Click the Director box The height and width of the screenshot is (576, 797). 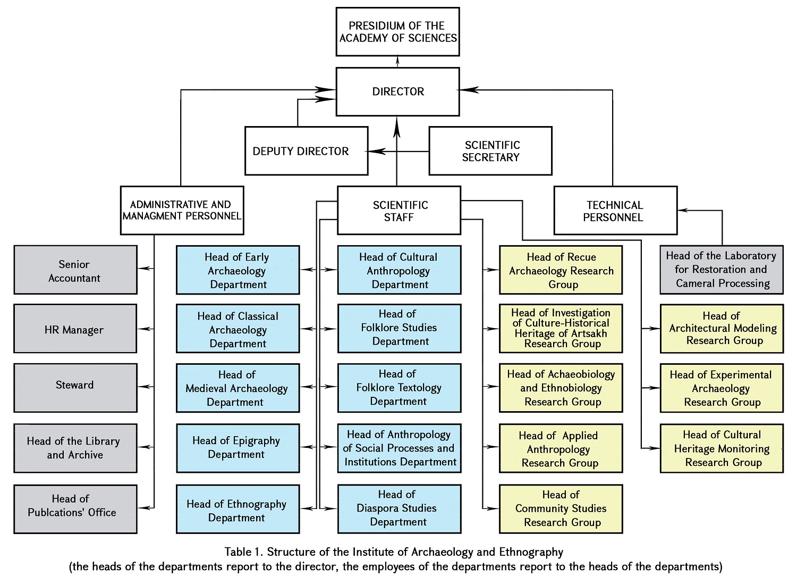tap(397, 91)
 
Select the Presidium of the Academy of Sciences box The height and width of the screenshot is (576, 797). tap(397, 32)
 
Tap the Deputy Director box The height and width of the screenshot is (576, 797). tap(306, 151)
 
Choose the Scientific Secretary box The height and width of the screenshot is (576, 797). tap(490, 151)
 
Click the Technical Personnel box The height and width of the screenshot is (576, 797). tap(615, 211)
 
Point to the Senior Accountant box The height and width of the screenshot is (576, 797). tap(75, 270)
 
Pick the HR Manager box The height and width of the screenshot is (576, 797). tap(75, 329)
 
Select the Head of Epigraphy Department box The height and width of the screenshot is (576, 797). tap(238, 448)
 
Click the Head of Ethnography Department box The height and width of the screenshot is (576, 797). tap(238, 509)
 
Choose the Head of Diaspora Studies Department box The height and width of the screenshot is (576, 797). tap(399, 509)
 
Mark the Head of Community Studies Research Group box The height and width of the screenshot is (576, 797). tap(561, 509)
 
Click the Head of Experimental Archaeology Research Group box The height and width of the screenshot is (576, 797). tap(722, 388)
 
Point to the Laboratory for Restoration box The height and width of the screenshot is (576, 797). tap(722, 270)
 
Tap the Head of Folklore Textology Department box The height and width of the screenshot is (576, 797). tap(399, 388)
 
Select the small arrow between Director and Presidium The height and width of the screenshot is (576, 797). tap(397, 60)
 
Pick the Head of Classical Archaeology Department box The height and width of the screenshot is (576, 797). tap(238, 329)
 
